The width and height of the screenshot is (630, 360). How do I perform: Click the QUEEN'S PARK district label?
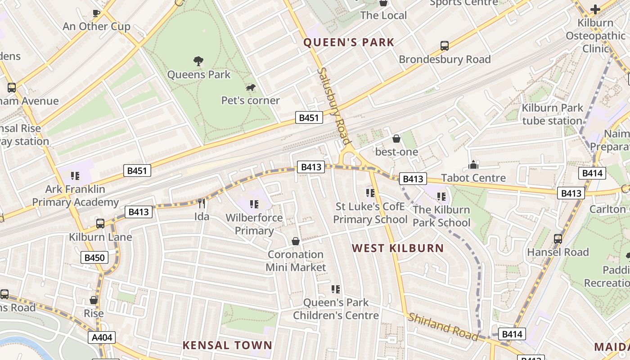[349, 43]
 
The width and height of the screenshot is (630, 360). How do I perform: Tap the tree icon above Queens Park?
[198, 61]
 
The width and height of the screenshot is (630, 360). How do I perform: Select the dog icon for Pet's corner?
[251, 87]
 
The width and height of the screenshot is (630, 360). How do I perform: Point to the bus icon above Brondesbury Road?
[445, 45]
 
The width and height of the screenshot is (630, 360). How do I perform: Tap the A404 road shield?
[102, 337]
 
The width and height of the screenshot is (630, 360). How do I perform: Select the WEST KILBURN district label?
[398, 248]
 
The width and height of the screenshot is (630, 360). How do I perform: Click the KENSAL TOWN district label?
[227, 345]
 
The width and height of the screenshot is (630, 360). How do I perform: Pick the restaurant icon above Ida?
[202, 203]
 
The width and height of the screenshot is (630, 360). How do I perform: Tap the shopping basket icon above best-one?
[396, 139]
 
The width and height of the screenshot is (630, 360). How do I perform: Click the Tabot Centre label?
[473, 178]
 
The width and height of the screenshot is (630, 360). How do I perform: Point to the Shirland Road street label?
[443, 326]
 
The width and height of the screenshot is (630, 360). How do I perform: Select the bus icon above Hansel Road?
[558, 239]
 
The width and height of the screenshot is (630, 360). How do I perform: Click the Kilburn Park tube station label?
[552, 114]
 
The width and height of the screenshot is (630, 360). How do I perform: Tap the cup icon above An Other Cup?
[96, 13]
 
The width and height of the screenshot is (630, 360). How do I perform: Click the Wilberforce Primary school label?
[254, 224]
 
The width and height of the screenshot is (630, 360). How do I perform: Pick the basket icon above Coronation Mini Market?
[296, 242]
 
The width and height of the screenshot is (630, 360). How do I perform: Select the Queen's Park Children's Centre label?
[336, 309]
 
